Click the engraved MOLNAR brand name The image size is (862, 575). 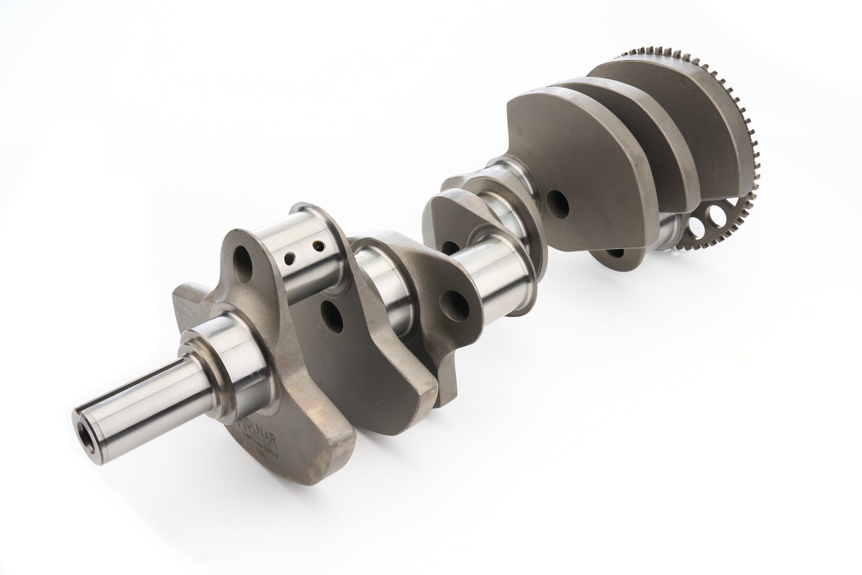click(259, 424)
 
